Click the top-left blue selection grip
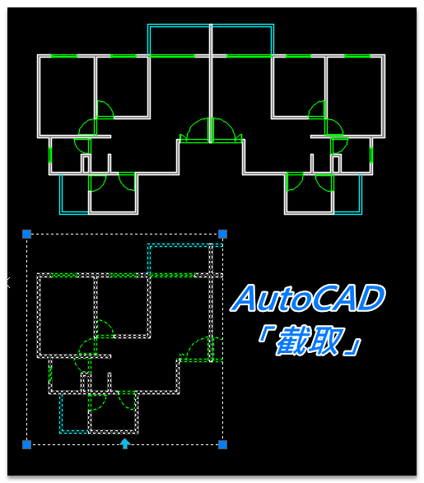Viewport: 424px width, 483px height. click(27, 235)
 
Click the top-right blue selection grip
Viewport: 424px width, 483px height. click(223, 235)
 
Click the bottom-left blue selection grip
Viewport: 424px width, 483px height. click(27, 444)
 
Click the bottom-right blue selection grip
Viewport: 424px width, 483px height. click(223, 444)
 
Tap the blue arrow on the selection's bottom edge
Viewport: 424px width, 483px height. click(125, 444)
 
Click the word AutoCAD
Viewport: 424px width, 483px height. click(308, 298)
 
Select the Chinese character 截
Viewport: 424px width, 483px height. click(291, 341)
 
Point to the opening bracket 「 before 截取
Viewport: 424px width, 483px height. click(264, 333)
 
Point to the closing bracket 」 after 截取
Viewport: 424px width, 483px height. click(354, 348)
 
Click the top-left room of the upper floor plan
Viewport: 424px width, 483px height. click(67, 96)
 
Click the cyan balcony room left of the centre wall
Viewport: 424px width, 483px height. click(179, 40)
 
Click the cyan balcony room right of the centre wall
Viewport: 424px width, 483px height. click(242, 40)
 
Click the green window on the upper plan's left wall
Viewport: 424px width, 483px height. click(50, 155)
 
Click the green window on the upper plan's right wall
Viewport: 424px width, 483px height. click(371, 155)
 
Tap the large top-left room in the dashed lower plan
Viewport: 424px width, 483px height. click(67, 315)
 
